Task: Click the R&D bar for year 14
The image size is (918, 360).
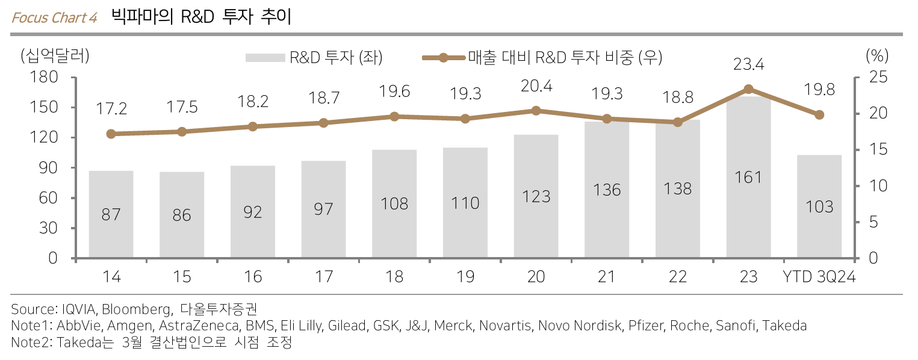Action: pos(111,214)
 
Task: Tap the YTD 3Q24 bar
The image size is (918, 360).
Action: pos(819,206)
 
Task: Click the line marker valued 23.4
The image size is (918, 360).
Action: pos(748,89)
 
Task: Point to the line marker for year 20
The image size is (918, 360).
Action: pos(536,111)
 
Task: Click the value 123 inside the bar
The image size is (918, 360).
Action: pos(536,196)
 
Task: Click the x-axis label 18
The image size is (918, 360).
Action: pos(394,277)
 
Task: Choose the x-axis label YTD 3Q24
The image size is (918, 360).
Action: pos(819,277)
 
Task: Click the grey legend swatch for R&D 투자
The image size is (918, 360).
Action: pos(264,58)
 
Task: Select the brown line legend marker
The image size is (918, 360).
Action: pos(444,58)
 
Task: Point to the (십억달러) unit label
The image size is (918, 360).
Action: pos(55,57)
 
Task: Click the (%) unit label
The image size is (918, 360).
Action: pos(877,57)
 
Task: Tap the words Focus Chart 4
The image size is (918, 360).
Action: pos(54,17)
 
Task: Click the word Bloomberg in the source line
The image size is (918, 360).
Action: pos(135,310)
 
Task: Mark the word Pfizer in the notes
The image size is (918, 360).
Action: pos(646,326)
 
